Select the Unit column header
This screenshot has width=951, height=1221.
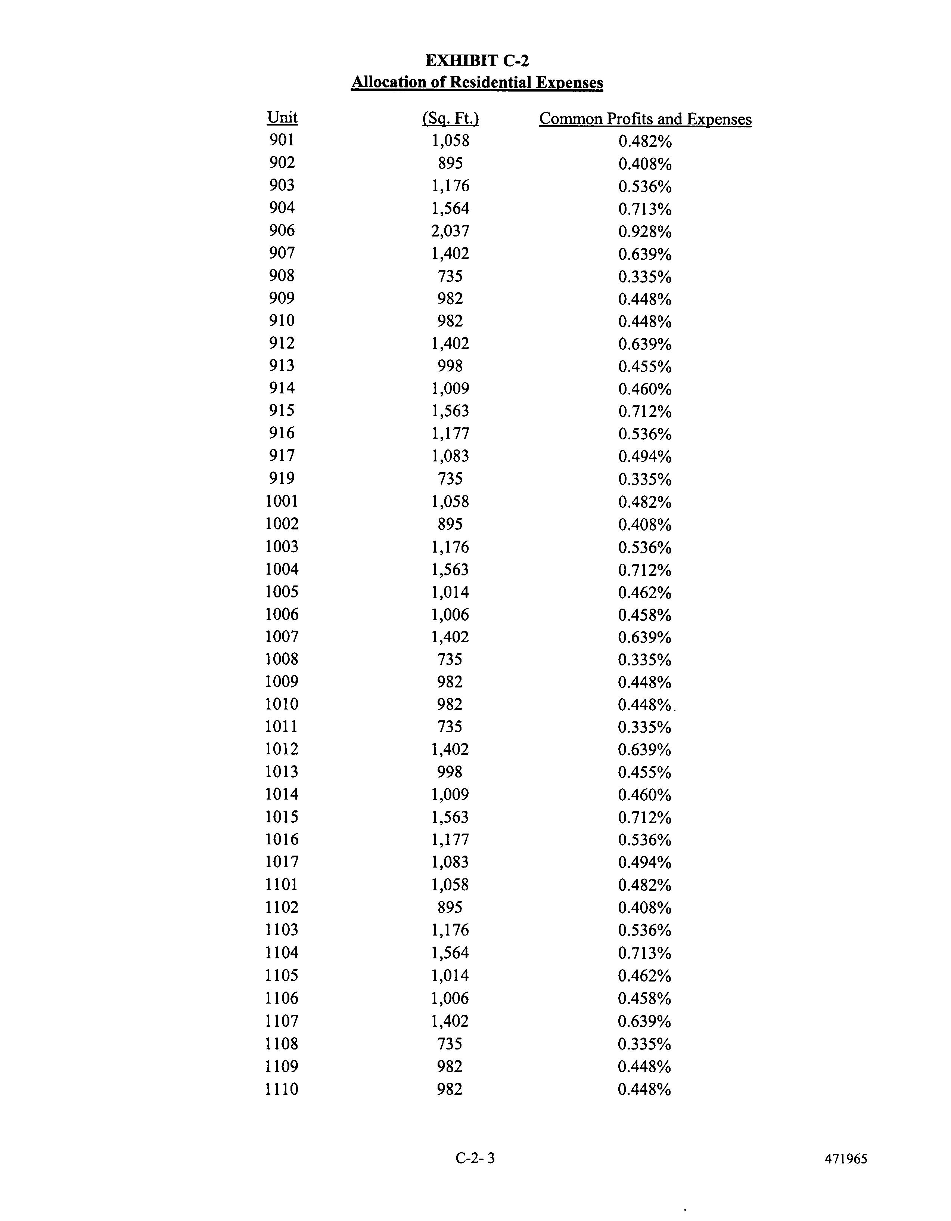(282, 118)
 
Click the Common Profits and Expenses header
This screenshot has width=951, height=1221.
(645, 119)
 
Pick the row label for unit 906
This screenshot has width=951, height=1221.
(282, 230)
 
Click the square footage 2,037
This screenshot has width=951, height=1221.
(450, 231)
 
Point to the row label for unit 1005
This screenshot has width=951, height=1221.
(282, 591)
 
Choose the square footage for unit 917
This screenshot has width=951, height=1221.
(450, 456)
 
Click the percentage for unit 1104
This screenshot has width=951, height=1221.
(645, 953)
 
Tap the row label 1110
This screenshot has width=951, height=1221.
(282, 1088)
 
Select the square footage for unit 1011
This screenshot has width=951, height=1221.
(450, 727)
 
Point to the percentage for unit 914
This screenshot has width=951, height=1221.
(645, 389)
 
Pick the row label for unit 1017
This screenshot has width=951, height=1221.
(282, 862)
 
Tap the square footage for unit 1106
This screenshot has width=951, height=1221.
(450, 998)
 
